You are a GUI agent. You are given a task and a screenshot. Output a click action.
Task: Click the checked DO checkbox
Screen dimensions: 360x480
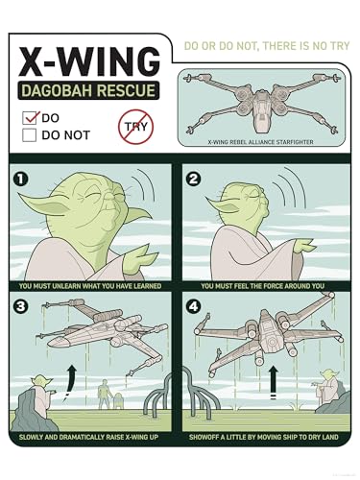coord(30,118)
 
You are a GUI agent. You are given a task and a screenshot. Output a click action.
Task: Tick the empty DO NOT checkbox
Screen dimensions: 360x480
coord(29,135)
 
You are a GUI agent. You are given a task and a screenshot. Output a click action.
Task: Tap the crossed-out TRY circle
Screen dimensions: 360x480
coord(135,127)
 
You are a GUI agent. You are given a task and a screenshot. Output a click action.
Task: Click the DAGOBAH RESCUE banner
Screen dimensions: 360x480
coord(88,90)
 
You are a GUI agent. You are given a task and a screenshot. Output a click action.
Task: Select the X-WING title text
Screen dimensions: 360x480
coord(89,61)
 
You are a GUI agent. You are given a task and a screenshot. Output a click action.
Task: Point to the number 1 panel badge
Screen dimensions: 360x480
coord(20,180)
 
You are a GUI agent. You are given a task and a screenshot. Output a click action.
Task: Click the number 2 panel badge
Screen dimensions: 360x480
coord(193,179)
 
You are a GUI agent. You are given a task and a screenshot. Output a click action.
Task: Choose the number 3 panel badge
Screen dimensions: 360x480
coord(20,306)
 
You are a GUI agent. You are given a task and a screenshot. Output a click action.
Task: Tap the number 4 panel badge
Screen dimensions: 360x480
coord(193,306)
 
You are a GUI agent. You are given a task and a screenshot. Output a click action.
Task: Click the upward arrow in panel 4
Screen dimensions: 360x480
coord(273,382)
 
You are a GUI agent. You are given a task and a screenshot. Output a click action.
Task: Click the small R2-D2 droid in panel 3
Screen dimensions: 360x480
coord(117,400)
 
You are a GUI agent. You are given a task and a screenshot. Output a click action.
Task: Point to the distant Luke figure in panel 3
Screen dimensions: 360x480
coord(105,394)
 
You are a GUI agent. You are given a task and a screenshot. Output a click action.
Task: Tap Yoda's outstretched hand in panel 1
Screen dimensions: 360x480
coord(140,259)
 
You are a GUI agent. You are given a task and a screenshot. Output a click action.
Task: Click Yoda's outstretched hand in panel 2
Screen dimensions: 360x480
coord(304,246)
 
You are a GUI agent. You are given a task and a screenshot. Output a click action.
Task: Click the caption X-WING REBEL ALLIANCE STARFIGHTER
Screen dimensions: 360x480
coord(260,142)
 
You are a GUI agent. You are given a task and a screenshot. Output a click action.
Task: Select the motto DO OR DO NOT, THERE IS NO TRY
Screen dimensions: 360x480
coord(267,46)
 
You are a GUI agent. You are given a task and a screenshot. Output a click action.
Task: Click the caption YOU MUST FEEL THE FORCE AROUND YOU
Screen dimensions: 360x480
coord(262,286)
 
